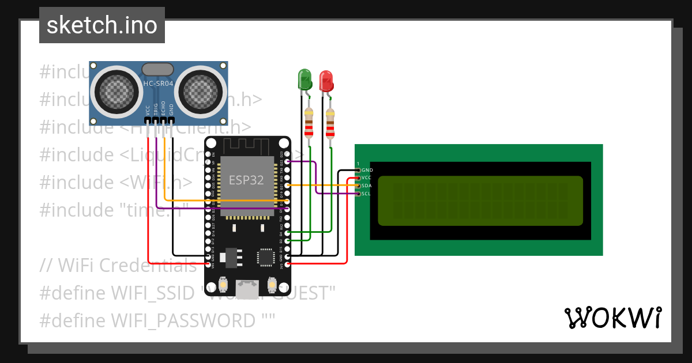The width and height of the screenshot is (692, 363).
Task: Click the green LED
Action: click(x=304, y=79)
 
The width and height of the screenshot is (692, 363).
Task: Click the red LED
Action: click(x=326, y=81)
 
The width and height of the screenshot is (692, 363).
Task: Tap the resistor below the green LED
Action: click(x=309, y=122)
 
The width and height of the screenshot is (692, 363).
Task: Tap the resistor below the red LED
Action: click(x=330, y=123)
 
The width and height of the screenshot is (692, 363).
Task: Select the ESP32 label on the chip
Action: click(x=246, y=180)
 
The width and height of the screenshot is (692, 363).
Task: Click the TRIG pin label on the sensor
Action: click(x=156, y=109)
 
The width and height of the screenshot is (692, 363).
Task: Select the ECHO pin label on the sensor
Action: click(x=163, y=109)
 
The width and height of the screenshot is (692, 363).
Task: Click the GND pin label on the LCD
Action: click(x=367, y=171)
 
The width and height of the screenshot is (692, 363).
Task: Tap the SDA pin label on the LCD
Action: click(x=367, y=186)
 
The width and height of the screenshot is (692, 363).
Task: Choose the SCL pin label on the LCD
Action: click(x=366, y=193)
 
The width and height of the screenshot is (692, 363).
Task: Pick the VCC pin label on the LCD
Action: click(x=367, y=178)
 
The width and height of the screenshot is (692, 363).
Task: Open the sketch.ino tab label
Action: click(x=102, y=25)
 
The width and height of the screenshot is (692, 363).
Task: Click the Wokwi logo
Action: click(x=612, y=317)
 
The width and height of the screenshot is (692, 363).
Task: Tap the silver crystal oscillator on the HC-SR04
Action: click(x=157, y=69)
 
